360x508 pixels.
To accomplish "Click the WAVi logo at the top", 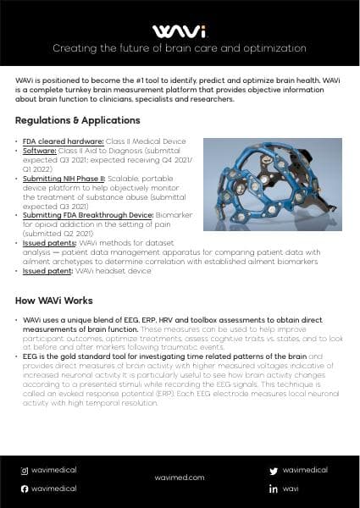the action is [x=180, y=31].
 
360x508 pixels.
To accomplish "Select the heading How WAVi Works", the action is [x=57, y=301].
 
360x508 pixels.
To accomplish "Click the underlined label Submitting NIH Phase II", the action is [x=58, y=179].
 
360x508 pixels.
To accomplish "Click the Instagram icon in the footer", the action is [x=25, y=469].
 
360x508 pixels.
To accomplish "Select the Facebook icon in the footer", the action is [x=25, y=489].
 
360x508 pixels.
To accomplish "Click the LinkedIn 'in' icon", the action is [x=273, y=489].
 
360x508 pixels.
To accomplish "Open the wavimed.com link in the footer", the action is [x=180, y=478].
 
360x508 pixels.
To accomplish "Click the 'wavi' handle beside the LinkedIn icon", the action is [x=291, y=489].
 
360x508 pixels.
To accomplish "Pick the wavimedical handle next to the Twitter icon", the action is [x=304, y=469].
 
